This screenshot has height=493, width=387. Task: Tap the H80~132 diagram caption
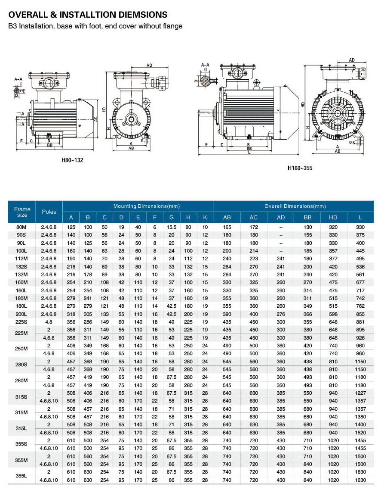pos(72,160)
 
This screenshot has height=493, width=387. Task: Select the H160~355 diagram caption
pos(300,168)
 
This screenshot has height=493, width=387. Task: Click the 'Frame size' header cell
pos(22,212)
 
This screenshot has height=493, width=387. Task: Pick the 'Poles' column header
pos(49,212)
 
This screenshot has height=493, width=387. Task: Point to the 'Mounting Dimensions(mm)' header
pos(138,206)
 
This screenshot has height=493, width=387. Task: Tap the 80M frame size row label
pos(22,227)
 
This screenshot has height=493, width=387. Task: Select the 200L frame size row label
pos(22,314)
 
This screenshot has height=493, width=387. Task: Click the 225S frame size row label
pos(22,321)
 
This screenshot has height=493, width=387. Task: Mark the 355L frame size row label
pos(22,475)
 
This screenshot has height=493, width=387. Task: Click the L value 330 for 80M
pos(360,227)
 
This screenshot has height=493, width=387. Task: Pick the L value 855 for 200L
pos(360,314)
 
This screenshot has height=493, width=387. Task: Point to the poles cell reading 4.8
pos(49,321)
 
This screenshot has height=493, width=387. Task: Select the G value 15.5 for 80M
pos(171,227)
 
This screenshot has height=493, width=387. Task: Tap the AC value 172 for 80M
pos(254,227)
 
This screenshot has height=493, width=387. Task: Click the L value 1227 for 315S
pos(360,393)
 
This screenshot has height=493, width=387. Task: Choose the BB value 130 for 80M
pos(307,227)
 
